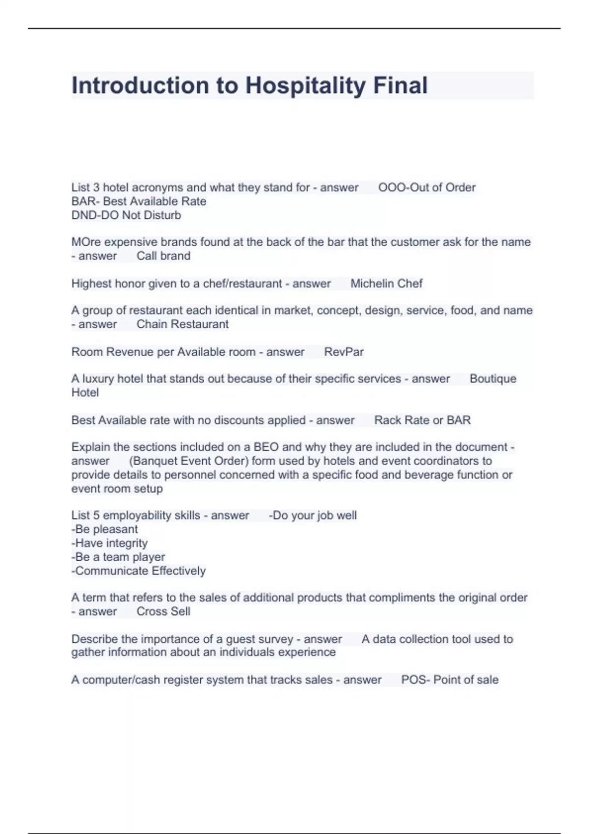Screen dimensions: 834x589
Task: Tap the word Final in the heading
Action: (x=400, y=85)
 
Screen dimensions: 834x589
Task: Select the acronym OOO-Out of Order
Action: (x=427, y=187)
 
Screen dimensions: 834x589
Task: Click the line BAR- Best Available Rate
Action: (x=138, y=201)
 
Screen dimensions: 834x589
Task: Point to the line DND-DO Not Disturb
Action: (x=126, y=215)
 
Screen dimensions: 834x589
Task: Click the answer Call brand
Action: (x=163, y=256)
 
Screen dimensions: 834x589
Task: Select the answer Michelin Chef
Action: (x=386, y=283)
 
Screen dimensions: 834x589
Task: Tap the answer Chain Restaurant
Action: (x=182, y=324)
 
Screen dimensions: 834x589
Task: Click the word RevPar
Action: (x=344, y=352)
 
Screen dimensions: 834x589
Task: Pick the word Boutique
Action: (x=493, y=378)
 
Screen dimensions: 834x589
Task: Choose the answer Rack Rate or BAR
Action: (x=422, y=420)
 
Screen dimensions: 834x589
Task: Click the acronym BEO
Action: (x=266, y=447)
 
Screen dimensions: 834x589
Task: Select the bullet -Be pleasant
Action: (x=105, y=529)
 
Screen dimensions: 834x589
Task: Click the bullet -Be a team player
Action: (x=118, y=557)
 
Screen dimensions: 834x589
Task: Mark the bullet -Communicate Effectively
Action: (x=138, y=571)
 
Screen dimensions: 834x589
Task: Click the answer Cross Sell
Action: (x=163, y=611)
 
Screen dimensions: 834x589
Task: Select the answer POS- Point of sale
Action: (x=450, y=679)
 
